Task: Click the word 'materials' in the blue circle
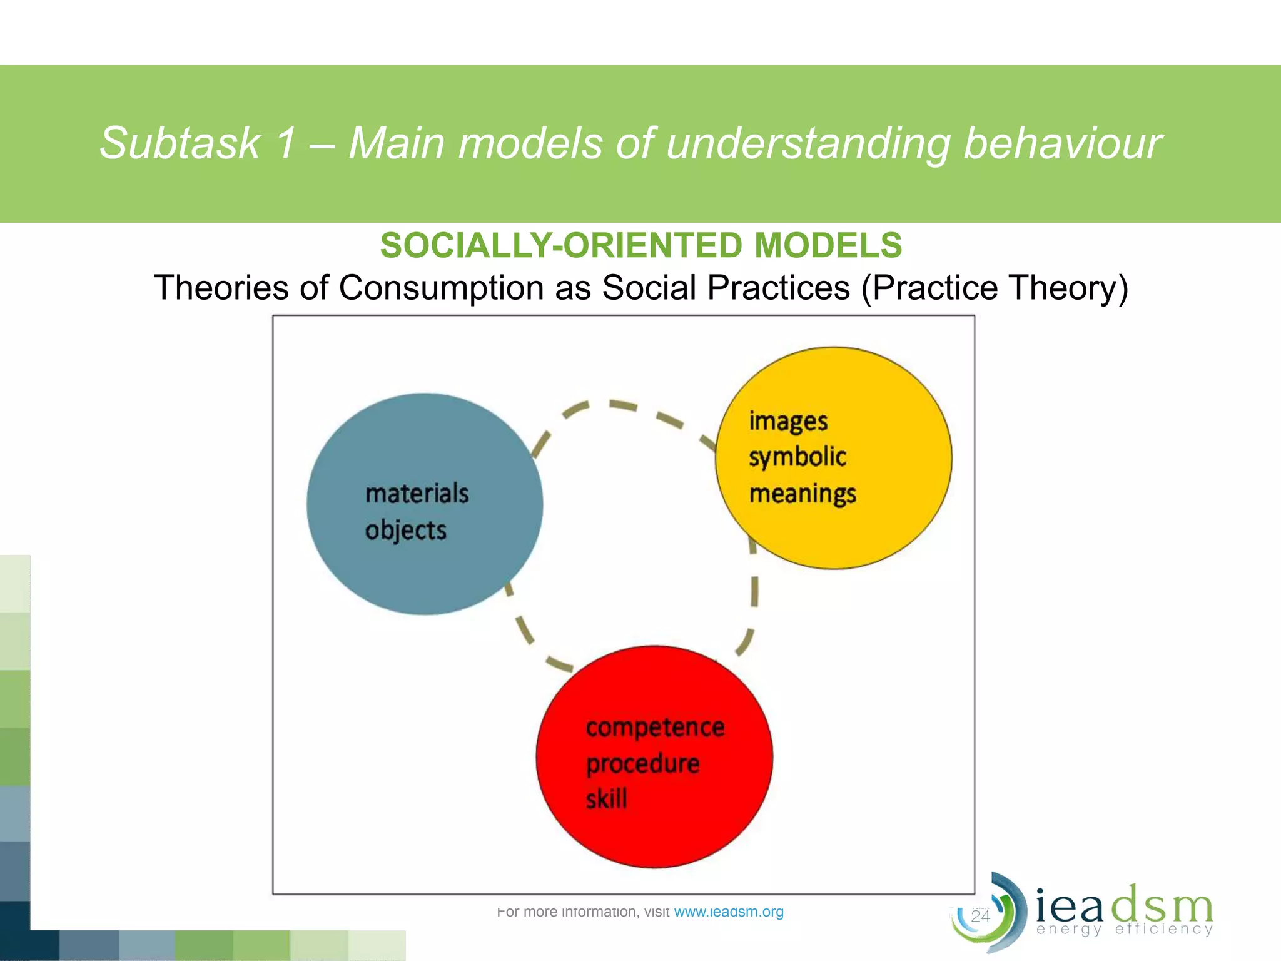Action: [x=417, y=493]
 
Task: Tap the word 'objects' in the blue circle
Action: [x=405, y=531]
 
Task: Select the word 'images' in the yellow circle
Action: [x=788, y=422]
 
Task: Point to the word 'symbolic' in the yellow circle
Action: [x=797, y=457]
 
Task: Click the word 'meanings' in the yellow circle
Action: [x=803, y=494]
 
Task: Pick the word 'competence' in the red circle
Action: [x=655, y=727]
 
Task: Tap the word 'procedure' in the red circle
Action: [x=643, y=764]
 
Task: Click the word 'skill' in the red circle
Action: [x=606, y=799]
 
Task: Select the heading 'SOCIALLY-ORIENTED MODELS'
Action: [x=641, y=245]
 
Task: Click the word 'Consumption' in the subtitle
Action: [x=464, y=288]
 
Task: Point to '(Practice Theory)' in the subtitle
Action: [x=995, y=288]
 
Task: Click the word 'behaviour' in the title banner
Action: [x=1062, y=143]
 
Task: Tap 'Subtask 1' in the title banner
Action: [x=197, y=143]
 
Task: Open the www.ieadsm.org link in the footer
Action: [x=729, y=912]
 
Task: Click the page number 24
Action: [x=980, y=916]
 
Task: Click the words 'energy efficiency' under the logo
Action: [x=1124, y=929]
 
